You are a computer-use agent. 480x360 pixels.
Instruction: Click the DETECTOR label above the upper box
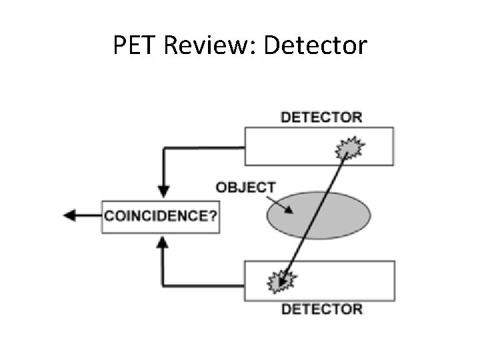321,117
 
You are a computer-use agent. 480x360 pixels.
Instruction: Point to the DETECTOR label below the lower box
321,309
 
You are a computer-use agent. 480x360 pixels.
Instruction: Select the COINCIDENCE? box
160,216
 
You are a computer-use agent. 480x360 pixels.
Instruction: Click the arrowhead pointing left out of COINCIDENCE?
69,215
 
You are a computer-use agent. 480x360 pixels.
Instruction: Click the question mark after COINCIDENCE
213,216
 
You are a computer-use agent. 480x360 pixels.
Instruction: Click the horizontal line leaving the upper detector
203,147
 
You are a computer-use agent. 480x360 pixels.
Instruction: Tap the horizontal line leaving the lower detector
203,285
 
